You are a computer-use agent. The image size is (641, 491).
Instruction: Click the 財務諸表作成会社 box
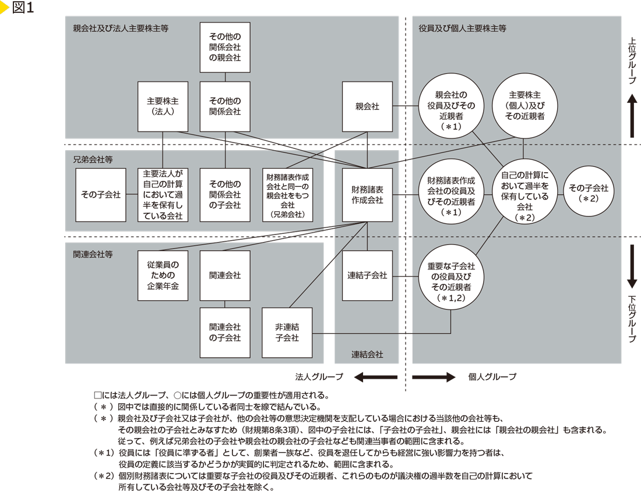[367, 195]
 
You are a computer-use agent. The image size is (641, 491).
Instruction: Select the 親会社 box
[367, 106]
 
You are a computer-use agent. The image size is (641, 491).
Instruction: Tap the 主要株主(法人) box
[163, 106]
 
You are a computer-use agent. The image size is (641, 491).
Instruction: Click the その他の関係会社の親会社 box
[225, 48]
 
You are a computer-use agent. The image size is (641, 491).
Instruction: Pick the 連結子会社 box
[367, 275]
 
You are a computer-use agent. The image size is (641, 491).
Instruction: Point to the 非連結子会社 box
[287, 333]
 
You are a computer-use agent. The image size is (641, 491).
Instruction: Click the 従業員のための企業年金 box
[163, 275]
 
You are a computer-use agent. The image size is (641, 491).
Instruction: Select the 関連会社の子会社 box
[225, 333]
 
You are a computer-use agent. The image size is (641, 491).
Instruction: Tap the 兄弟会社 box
[288, 195]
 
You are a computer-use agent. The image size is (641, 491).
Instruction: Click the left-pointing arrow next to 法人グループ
[376, 377]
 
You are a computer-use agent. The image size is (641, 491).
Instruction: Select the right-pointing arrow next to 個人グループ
[434, 377]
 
